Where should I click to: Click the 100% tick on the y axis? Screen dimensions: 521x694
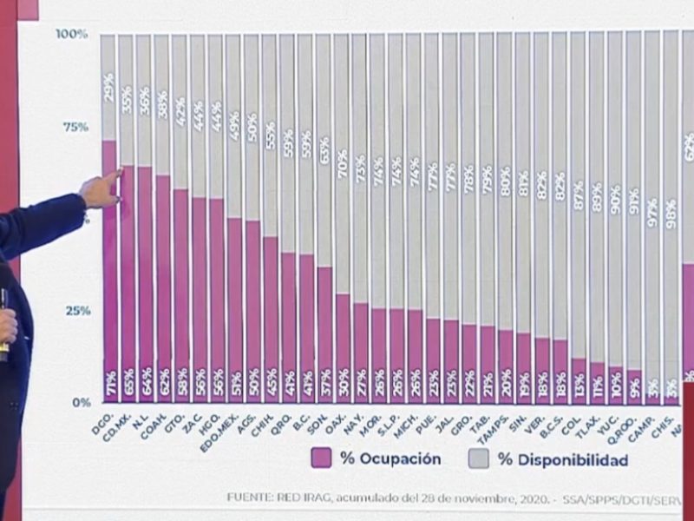click(x=72, y=34)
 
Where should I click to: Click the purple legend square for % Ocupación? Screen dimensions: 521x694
click(x=321, y=458)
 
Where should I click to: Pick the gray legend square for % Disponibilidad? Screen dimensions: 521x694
click(x=478, y=458)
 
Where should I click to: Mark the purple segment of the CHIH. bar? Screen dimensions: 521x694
click(x=271, y=313)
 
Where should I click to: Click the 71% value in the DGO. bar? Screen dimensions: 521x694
click(x=109, y=385)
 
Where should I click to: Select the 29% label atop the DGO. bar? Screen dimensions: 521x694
click(x=109, y=87)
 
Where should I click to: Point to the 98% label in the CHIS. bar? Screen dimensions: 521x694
click(x=671, y=213)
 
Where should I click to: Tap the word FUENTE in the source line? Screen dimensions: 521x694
click(x=251, y=497)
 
